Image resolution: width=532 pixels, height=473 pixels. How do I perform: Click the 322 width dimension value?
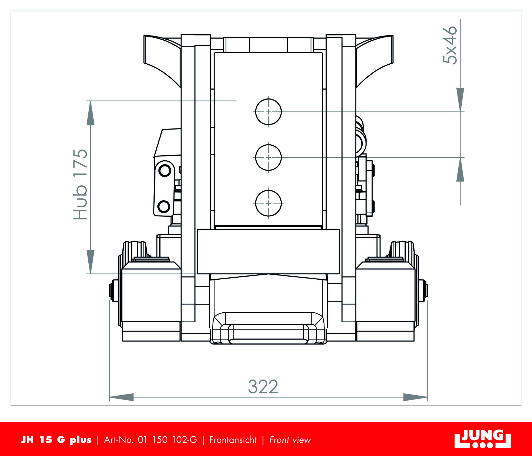pyautogui.click(x=263, y=387)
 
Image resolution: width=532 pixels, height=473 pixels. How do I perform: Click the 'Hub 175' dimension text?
pyautogui.click(x=80, y=184)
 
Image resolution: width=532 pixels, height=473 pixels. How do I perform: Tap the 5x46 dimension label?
pyautogui.click(x=449, y=45)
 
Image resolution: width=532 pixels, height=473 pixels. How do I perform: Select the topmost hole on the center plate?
pyautogui.click(x=268, y=112)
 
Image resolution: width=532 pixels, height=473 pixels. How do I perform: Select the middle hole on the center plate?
pyautogui.click(x=268, y=157)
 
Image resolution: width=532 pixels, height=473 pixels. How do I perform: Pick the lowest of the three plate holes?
pyautogui.click(x=268, y=203)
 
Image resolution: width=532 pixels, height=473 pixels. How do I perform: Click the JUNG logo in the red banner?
pyautogui.click(x=482, y=439)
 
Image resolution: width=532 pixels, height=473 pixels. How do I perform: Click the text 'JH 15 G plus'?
pyautogui.click(x=56, y=440)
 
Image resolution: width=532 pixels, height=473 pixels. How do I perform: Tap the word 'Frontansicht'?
pyautogui.click(x=233, y=440)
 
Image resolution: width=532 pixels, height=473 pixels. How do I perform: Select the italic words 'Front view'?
pyautogui.click(x=290, y=440)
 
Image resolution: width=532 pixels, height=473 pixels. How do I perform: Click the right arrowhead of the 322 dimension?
pyautogui.click(x=415, y=397)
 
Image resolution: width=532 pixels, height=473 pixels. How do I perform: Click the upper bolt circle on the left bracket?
pyautogui.click(x=165, y=170)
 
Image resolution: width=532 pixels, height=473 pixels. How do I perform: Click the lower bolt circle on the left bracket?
pyautogui.click(x=164, y=206)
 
